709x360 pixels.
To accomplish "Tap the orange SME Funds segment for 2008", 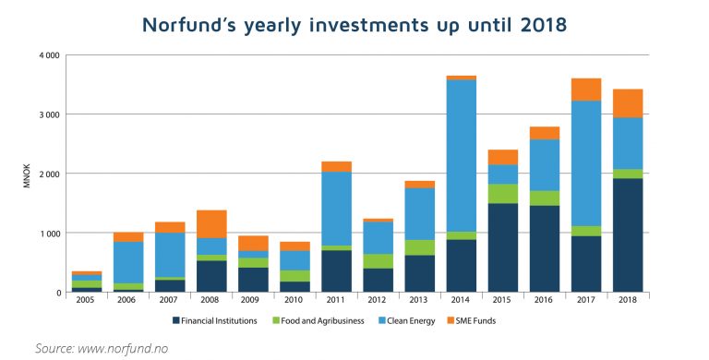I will [x=211, y=224].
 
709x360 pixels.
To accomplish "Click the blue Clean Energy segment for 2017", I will [x=586, y=162].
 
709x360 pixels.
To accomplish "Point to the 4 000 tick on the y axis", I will [x=48, y=55].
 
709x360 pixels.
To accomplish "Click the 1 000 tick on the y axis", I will [x=48, y=234].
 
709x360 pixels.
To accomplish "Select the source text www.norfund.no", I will [x=128, y=348].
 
